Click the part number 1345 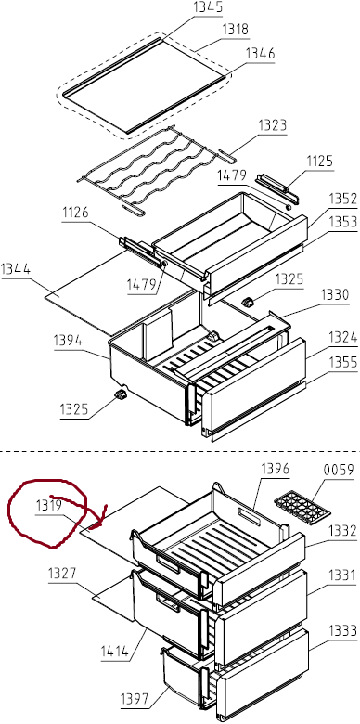click(208, 7)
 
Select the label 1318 click(235, 29)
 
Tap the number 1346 click(261, 54)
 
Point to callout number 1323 click(272, 125)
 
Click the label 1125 click(320, 162)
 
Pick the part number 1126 click(76, 213)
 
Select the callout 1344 click(16, 269)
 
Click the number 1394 click(68, 342)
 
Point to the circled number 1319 click(49, 506)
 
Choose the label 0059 click(340, 471)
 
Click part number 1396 click(275, 469)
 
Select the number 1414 click(116, 652)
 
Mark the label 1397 click(135, 699)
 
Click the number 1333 click(343, 631)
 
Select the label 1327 click(63, 575)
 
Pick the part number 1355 click(343, 363)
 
